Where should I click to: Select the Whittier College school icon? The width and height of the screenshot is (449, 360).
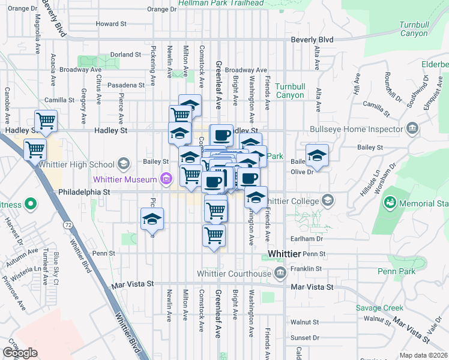pos(328,200)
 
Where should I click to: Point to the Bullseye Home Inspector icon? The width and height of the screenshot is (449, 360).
pos(412,128)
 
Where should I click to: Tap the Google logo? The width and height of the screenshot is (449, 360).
pos(20,353)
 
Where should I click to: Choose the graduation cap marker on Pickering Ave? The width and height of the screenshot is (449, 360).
pos(152,218)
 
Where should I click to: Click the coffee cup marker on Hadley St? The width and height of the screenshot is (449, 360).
pos(221,135)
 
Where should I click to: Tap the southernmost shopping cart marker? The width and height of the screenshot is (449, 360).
pos(214,235)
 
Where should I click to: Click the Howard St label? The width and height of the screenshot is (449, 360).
pos(112,24)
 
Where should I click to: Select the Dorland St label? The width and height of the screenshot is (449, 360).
pos(125,55)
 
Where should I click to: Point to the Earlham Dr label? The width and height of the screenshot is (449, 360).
pos(307,239)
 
